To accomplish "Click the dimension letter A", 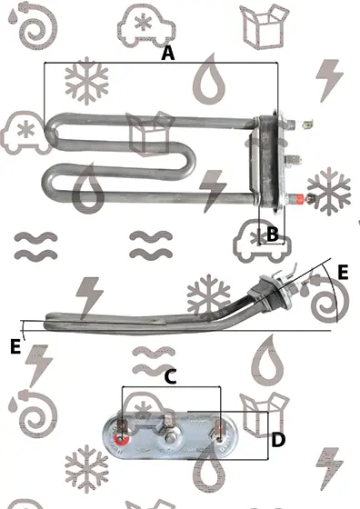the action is click(x=168, y=53).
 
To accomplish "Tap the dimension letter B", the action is click(x=273, y=234).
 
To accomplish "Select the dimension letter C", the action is click(x=170, y=377).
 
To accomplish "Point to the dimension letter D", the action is click(x=278, y=440).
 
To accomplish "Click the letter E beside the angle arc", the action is click(x=343, y=272).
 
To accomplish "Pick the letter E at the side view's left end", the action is click(x=15, y=346).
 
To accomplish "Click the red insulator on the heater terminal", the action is click(x=299, y=198).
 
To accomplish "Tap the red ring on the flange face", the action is click(x=122, y=440).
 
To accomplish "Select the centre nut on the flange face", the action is click(x=169, y=438).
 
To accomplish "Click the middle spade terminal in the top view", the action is click(x=292, y=159).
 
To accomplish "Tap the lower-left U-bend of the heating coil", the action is click(x=49, y=181).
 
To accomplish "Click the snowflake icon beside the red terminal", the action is click(x=329, y=192).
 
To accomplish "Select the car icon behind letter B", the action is click(x=262, y=241).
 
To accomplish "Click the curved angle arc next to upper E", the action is click(x=334, y=292).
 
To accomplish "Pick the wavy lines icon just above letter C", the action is click(x=154, y=361).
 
